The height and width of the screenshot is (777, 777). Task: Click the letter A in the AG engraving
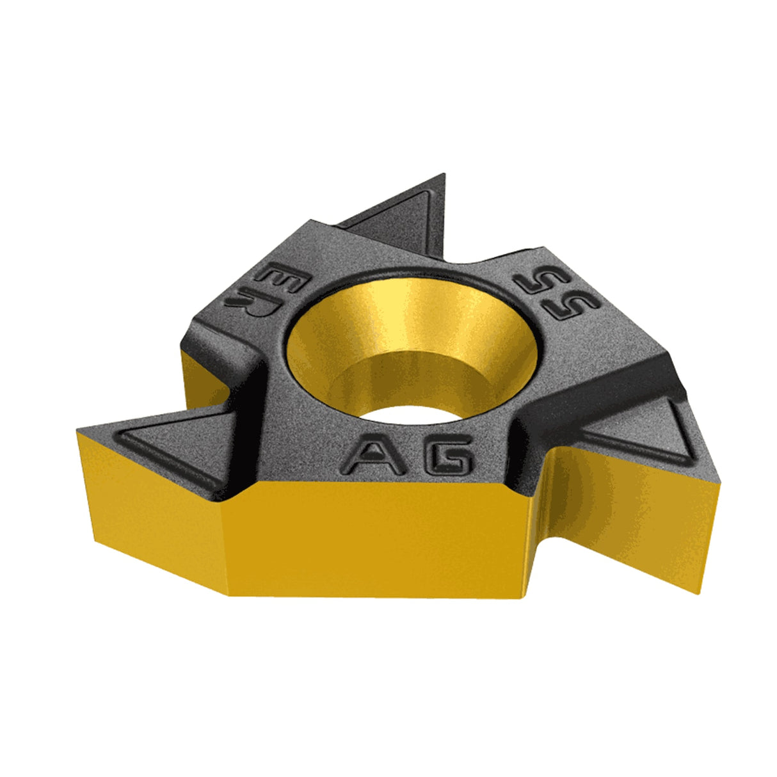coord(373,454)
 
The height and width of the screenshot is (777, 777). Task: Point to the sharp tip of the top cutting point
coord(445,174)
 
